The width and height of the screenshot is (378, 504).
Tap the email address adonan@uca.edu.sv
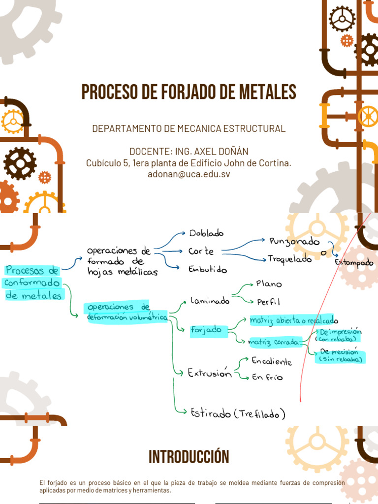pos(189,174)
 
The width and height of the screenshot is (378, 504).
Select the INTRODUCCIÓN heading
pos(189,457)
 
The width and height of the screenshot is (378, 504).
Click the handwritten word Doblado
pos(206,233)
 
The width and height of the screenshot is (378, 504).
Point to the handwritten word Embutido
pos(207,269)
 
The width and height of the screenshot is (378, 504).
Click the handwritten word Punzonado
pos(294,241)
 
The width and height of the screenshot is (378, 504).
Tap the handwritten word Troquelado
pos(290,259)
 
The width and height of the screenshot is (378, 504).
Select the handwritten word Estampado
pos(354,262)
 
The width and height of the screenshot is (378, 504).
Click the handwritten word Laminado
pos(210,301)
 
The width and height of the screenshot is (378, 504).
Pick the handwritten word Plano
pos(269,284)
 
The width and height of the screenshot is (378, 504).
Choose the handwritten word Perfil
pos(268,302)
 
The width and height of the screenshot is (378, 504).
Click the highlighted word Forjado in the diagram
pos(206,330)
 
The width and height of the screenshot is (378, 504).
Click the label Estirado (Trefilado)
pos(238,413)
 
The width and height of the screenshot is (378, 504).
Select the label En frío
pos(267,377)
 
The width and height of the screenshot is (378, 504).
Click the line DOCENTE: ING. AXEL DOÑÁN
pos(189,152)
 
